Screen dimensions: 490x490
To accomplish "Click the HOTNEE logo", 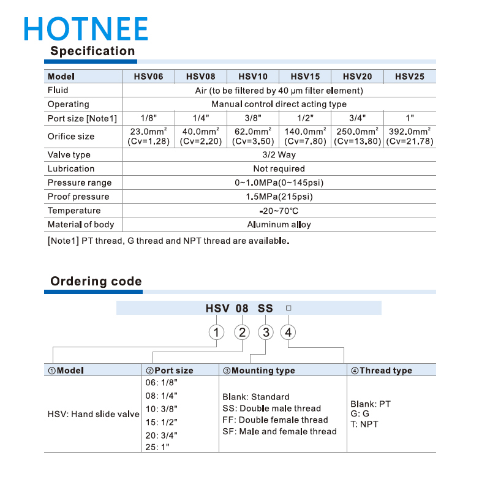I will tap(86, 28).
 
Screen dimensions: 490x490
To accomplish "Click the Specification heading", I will tap(92, 51).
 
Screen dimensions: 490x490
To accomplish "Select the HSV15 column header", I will tap(305, 77).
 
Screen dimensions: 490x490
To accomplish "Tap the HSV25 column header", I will tap(410, 77).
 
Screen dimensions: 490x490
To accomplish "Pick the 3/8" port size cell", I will tap(253, 118).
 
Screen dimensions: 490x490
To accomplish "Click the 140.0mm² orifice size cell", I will tap(305, 136).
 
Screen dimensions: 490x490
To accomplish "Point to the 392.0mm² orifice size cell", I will tap(410, 136).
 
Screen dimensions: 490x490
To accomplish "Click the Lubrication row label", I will tap(71, 168).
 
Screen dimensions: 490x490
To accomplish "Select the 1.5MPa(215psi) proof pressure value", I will tap(279, 197).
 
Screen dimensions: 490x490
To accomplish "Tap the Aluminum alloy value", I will tap(279, 225).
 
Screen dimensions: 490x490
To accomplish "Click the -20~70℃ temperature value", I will tap(279, 211).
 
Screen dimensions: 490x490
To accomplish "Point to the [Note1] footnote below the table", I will tap(168, 241).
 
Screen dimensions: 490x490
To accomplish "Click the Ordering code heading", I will tap(96, 282).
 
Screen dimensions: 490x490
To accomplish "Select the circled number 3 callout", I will tap(265, 332).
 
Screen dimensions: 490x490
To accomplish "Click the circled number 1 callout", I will tap(217, 332).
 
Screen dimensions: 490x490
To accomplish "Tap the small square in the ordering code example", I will tap(288, 308).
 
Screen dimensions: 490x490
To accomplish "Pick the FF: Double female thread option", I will tap(275, 420).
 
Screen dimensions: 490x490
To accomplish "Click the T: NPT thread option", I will tap(364, 424).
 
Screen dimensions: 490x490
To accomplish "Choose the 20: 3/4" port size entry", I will tap(161, 435).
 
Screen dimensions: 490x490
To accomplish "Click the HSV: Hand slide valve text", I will tap(93, 414).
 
